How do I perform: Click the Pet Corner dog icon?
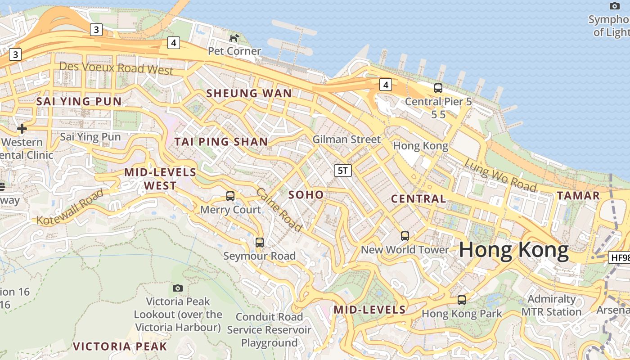234,38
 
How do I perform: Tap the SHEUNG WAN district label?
249,94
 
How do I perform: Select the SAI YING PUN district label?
79,101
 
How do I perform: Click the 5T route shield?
342,170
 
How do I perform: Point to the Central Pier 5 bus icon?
438,88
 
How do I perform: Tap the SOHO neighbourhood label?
306,195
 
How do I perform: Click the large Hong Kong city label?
514,250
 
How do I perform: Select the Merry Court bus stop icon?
230,196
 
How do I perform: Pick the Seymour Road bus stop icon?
260,243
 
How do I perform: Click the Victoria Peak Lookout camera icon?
178,288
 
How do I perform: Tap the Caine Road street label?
279,210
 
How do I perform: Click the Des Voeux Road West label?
116,68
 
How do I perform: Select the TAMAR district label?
578,196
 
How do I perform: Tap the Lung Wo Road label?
500,175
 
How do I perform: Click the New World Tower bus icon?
405,236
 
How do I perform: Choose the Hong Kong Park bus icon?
462,300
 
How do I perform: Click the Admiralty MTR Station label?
551,306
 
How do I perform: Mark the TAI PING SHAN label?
221,142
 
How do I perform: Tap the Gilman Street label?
346,139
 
